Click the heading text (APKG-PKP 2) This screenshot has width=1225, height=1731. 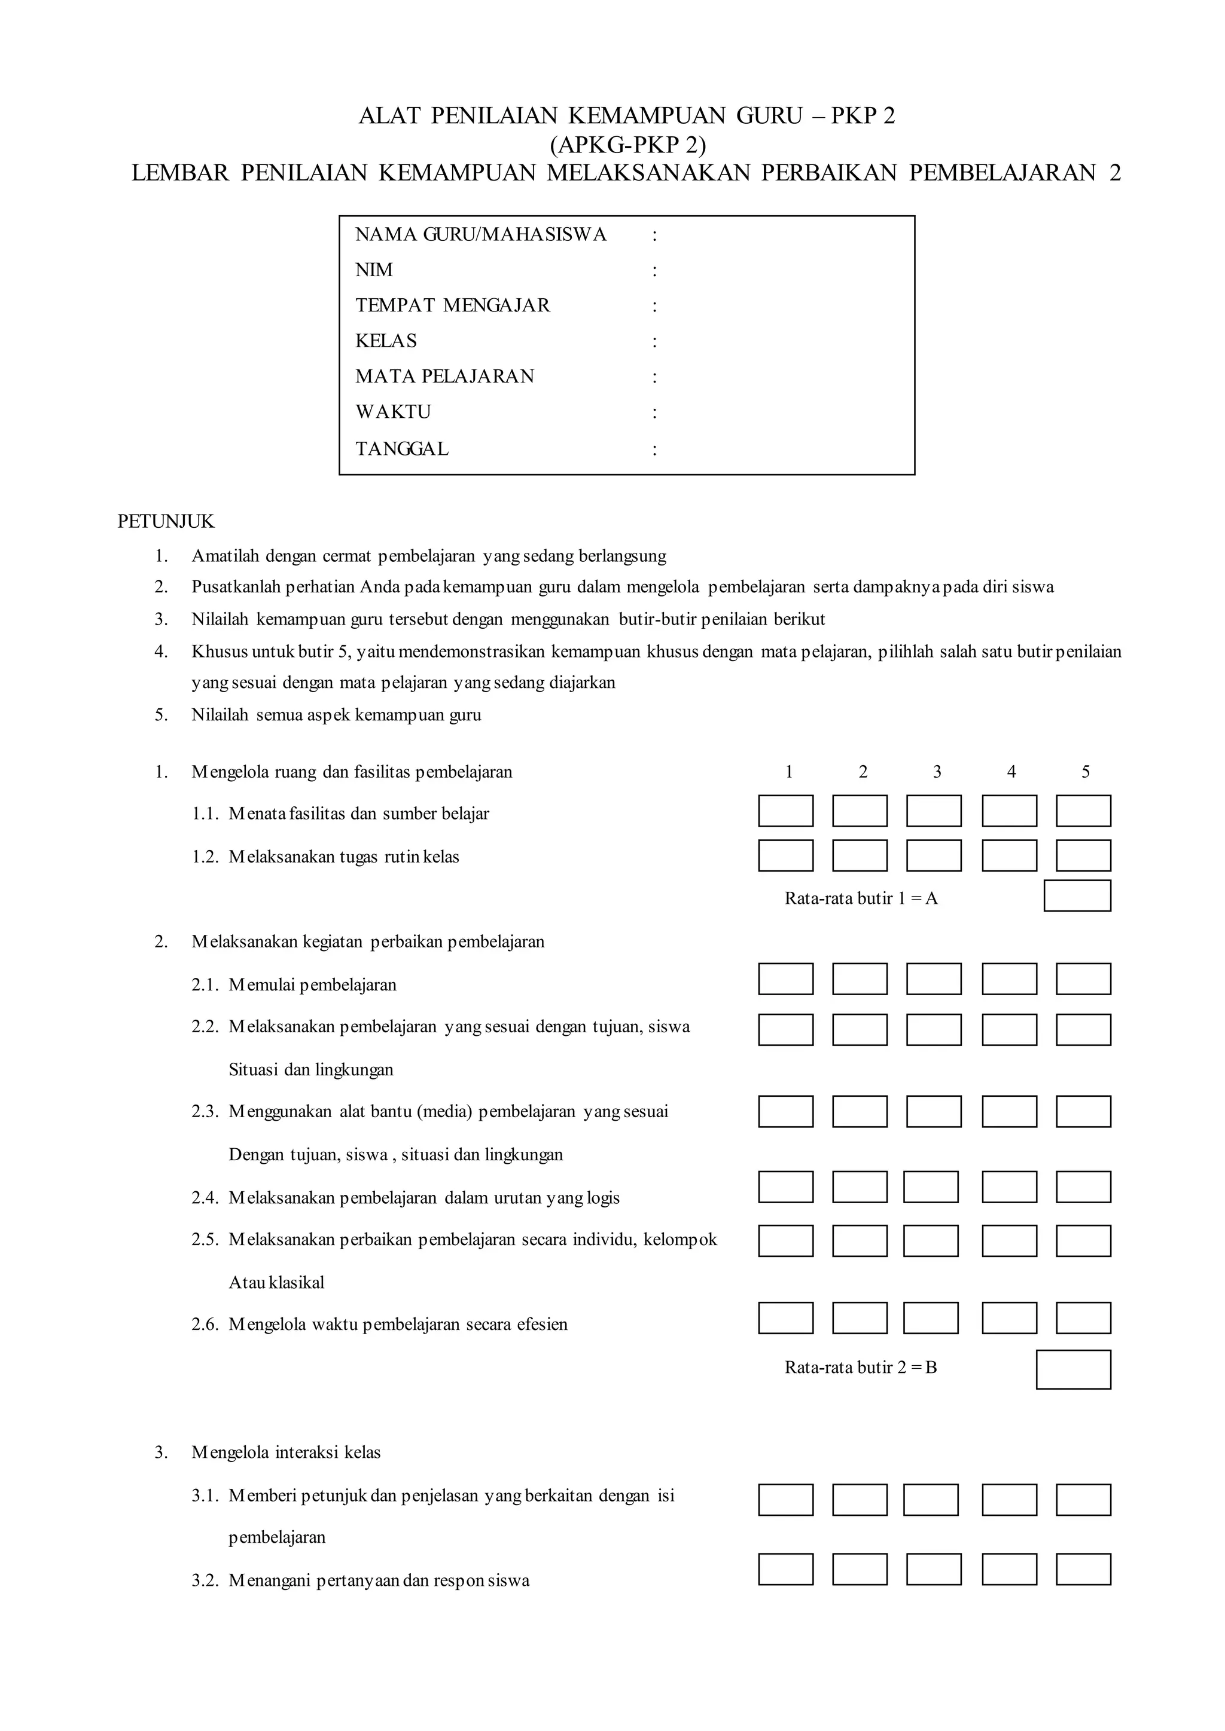627,144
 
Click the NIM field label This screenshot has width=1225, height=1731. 373,270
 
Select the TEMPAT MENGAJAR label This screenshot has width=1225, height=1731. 453,305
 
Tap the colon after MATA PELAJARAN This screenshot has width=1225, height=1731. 654,377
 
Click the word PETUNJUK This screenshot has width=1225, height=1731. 166,521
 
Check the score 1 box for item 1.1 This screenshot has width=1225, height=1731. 785,811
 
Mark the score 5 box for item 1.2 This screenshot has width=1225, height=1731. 1083,856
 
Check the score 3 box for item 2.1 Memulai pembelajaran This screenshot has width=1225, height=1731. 933,979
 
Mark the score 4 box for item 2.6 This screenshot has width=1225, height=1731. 1008,1318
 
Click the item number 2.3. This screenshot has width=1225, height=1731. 205,1111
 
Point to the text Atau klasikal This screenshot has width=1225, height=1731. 276,1283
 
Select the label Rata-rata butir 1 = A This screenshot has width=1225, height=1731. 861,898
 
